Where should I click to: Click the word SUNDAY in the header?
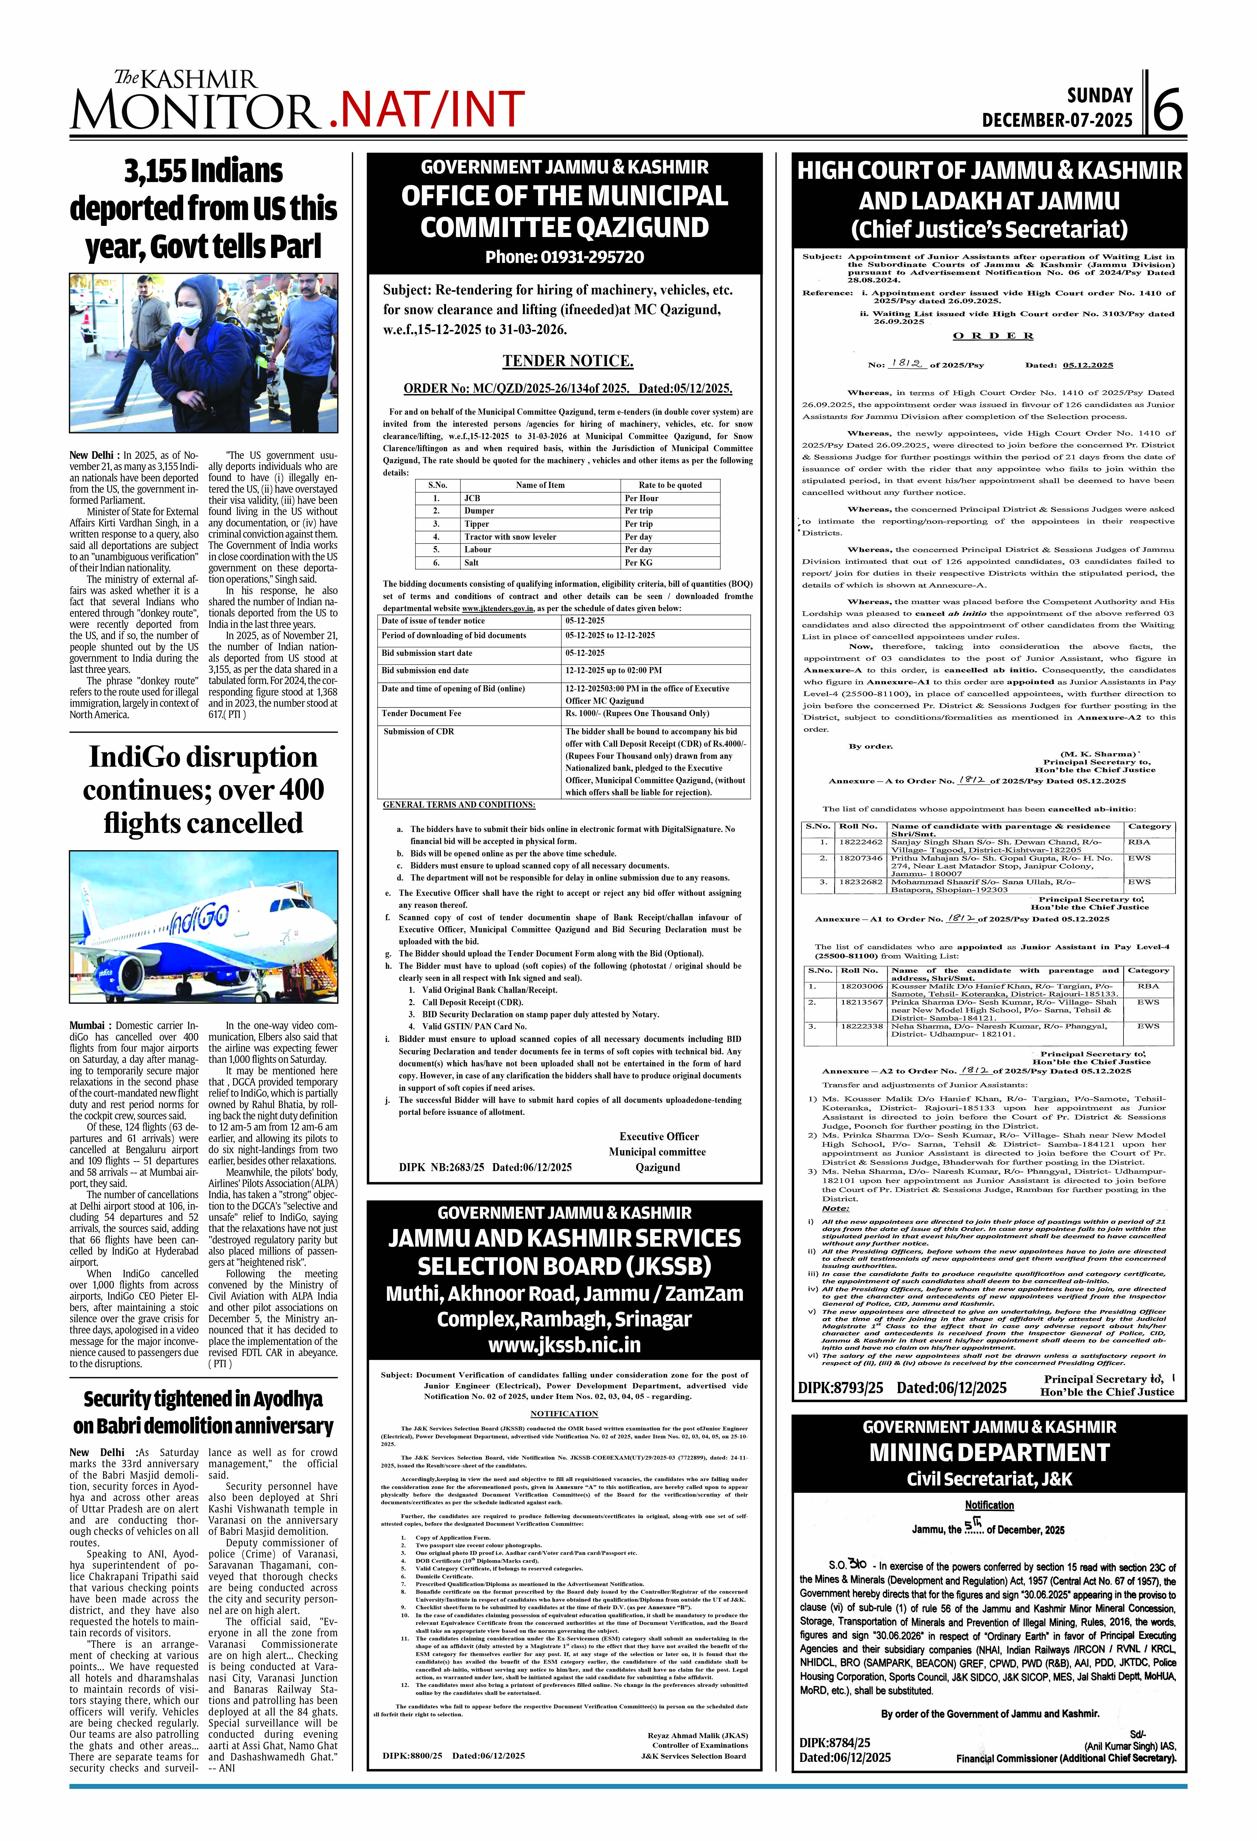(x=1099, y=96)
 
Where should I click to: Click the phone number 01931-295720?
(x=592, y=257)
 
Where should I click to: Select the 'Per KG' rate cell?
(x=638, y=562)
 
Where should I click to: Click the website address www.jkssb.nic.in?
(x=564, y=1344)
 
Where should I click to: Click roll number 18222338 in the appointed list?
(x=861, y=1026)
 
